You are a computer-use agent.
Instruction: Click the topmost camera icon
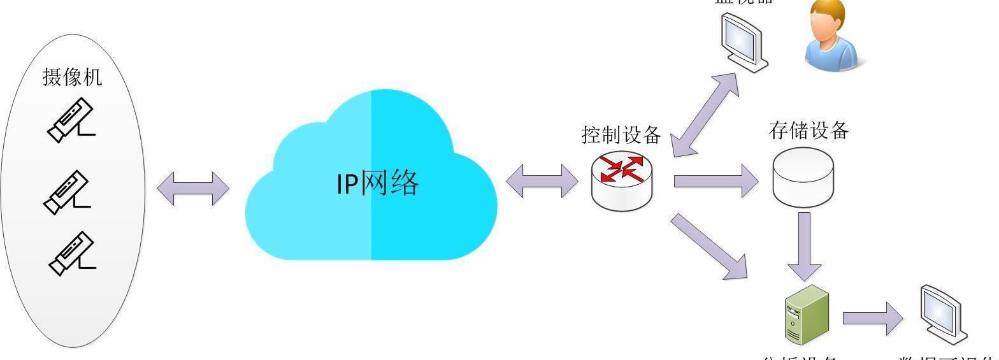point(71,120)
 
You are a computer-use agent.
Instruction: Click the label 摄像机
point(72,77)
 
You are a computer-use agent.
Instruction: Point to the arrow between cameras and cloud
point(192,188)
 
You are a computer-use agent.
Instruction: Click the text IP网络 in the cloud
point(378,184)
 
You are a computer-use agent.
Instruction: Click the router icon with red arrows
point(622,181)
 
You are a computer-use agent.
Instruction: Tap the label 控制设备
point(621,135)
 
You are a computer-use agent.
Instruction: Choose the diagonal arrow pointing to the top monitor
point(707,114)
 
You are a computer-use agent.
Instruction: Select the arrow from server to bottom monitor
point(872,319)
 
